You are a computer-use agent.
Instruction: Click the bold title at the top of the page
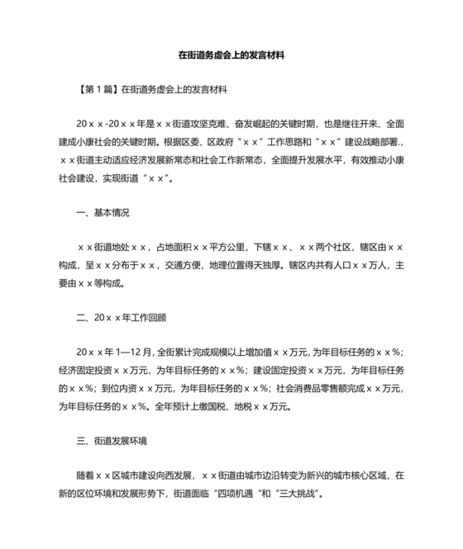point(231,56)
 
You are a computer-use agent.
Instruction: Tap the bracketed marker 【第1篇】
point(95,88)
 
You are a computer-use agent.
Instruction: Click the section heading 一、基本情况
point(103,213)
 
